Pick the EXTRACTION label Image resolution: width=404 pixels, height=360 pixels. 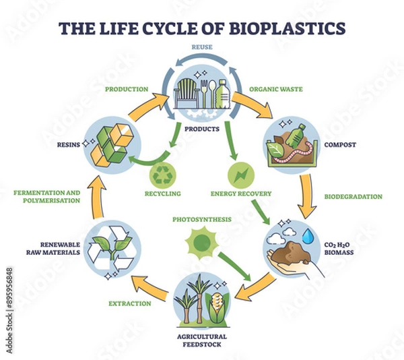coord(130,303)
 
